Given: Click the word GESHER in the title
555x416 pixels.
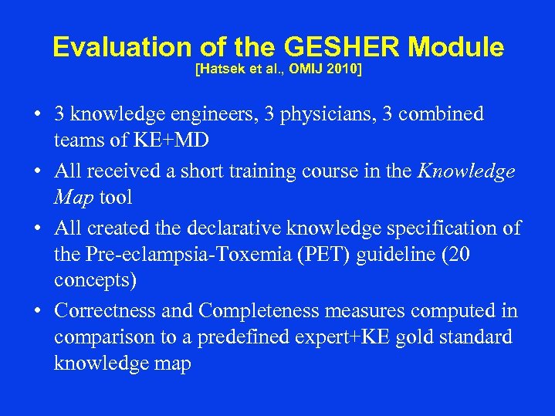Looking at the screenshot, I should [342, 48].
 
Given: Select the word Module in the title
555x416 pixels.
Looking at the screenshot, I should [455, 48].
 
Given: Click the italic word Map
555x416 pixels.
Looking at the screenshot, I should [74, 197].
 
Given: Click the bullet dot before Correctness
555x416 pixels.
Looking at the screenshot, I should [37, 312].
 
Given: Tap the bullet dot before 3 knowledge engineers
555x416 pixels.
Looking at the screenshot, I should [37, 115].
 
